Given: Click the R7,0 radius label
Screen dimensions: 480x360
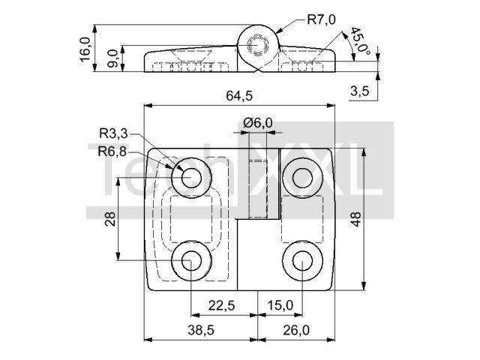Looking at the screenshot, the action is tap(321, 19).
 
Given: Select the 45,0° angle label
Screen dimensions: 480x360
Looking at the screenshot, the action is tap(360, 42).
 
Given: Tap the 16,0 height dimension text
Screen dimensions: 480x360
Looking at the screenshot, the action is tap(85, 49).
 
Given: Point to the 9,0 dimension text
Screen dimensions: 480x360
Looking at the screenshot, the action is tap(113, 58).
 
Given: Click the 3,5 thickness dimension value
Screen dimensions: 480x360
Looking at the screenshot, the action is tap(360, 91).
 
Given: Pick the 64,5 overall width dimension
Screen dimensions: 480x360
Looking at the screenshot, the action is tap(239, 96).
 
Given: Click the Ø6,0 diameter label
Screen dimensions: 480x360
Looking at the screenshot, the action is tap(258, 123).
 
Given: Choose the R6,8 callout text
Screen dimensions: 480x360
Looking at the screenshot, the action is tap(112, 151).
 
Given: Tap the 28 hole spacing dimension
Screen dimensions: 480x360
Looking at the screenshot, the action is tap(110, 219).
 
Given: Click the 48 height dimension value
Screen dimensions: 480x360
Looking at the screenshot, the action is tap(355, 219).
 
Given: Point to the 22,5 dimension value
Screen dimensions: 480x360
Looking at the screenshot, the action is tap(222, 305).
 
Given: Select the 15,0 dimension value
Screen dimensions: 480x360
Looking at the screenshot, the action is tap(280, 305).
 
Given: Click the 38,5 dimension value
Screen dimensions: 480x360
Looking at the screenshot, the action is tap(200, 330).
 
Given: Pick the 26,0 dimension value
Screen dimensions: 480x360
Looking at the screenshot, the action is tap(296, 330).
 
